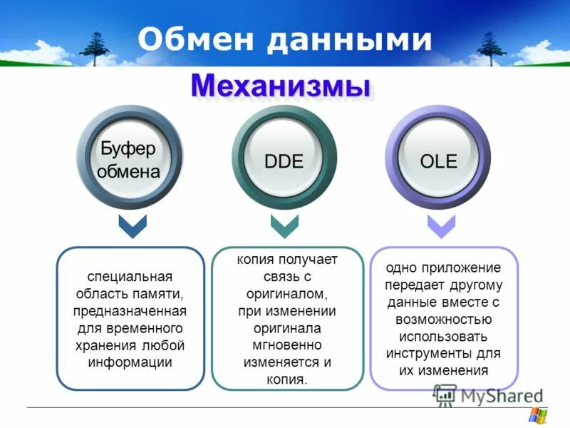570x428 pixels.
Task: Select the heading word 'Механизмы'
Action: (281, 87)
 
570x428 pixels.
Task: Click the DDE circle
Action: (284, 160)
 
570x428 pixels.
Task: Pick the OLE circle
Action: (438, 160)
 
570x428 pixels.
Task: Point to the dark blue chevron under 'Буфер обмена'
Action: (132, 227)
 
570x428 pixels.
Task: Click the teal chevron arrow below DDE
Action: (285, 227)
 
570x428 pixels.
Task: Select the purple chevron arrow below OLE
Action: (440, 227)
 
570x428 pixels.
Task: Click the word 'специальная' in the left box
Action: (130, 276)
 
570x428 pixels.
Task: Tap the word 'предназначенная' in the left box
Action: (130, 311)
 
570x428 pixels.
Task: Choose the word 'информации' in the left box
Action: (130, 362)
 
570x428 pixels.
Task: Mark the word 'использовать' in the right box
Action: (443, 336)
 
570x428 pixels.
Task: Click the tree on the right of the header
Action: (490, 47)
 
